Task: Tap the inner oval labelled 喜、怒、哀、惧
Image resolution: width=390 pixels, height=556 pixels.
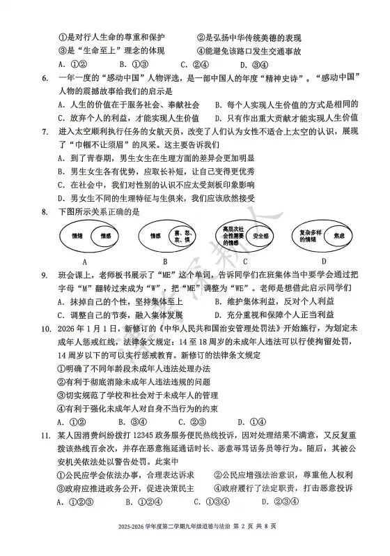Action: point(183,237)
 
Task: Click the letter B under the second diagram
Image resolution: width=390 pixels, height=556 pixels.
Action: point(165,262)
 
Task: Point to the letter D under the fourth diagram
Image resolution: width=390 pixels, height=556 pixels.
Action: point(324,262)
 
